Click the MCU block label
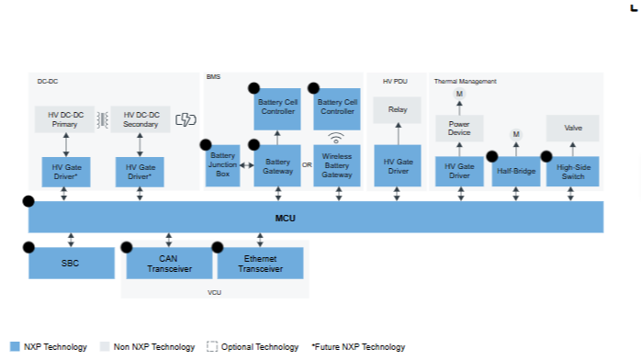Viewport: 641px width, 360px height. [x=285, y=219]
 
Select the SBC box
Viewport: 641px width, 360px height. [x=72, y=264]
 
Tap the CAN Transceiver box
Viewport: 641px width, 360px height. [x=169, y=264]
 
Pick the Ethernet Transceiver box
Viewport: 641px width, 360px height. [x=261, y=264]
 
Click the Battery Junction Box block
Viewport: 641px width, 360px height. [x=223, y=165]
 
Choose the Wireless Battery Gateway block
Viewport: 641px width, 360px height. [x=337, y=165]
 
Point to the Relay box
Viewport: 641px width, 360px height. [x=398, y=110]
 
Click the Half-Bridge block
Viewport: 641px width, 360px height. [x=516, y=172]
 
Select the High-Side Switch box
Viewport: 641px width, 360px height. [x=573, y=172]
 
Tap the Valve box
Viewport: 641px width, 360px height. [x=573, y=128]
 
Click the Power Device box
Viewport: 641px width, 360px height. [x=459, y=129]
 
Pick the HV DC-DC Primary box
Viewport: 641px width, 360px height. [x=64, y=119]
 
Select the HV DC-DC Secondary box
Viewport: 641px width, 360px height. [x=141, y=119]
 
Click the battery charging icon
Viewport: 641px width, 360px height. [x=186, y=119]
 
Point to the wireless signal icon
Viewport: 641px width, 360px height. [x=336, y=138]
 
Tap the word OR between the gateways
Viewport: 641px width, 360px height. [x=307, y=165]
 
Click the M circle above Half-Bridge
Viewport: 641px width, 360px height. [x=516, y=134]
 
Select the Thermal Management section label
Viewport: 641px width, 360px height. [x=466, y=82]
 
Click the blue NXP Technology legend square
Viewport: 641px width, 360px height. [x=15, y=346]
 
